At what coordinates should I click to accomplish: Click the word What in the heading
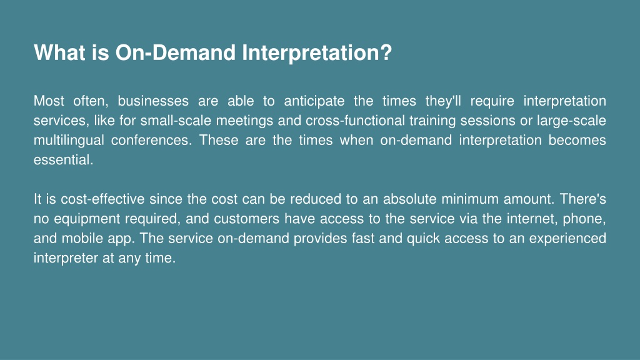tap(59, 52)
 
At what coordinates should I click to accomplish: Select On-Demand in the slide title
tap(176, 52)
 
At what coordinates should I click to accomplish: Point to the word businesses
tap(153, 101)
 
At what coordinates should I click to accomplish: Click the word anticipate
tap(314, 101)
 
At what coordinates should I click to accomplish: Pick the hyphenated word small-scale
tap(176, 121)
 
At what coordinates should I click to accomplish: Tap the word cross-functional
tap(355, 121)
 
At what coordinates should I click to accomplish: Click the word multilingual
tap(69, 141)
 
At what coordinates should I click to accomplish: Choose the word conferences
tap(151, 140)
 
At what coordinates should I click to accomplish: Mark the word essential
tap(63, 159)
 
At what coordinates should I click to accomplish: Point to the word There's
tap(583, 199)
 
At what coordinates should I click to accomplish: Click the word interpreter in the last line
tap(66, 258)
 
